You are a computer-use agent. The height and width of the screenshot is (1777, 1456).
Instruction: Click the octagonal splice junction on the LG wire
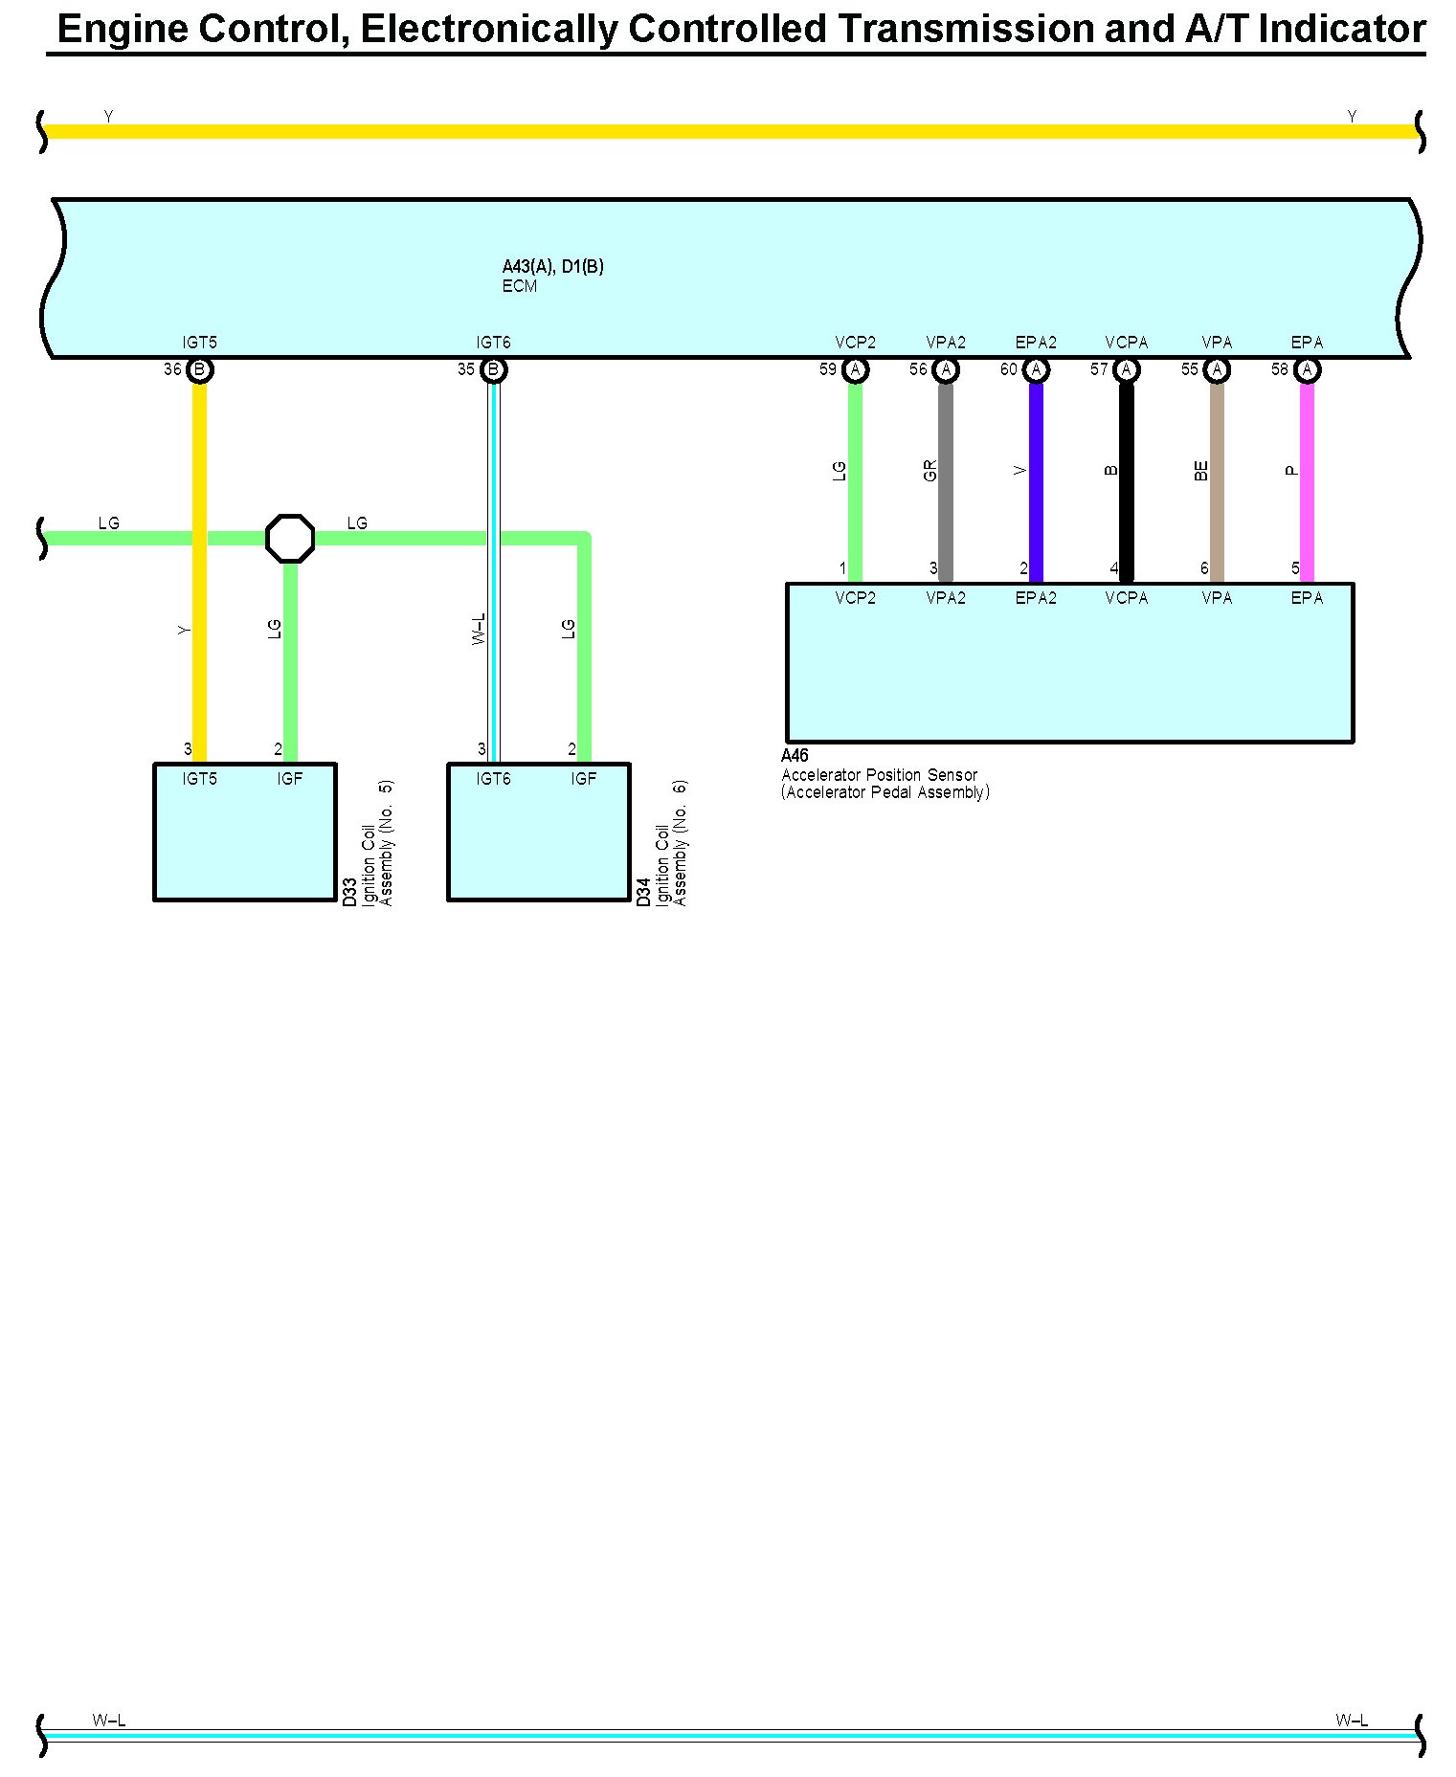[x=289, y=538]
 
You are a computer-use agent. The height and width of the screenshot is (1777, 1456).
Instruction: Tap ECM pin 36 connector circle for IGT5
[x=199, y=369]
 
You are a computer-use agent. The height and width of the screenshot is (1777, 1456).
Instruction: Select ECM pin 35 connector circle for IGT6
[x=493, y=369]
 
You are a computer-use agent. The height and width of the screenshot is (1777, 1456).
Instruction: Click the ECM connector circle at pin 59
[x=855, y=369]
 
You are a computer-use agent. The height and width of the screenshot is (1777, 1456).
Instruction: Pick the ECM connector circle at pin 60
[x=1036, y=369]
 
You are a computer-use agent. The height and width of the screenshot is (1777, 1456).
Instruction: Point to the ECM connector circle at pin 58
[x=1307, y=369]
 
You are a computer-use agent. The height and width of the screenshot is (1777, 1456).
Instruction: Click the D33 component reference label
[x=350, y=892]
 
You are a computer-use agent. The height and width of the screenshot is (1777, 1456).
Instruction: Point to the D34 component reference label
[x=644, y=892]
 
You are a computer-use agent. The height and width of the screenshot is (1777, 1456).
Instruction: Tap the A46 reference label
[x=795, y=756]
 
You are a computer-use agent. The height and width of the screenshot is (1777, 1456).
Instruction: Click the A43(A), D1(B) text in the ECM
[x=552, y=267]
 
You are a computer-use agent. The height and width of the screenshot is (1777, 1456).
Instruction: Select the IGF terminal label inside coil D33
[x=289, y=779]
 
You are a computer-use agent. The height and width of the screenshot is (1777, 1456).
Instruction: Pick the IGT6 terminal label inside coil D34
[x=493, y=779]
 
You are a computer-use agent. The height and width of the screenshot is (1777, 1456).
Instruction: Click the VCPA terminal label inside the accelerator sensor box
[x=1126, y=598]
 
